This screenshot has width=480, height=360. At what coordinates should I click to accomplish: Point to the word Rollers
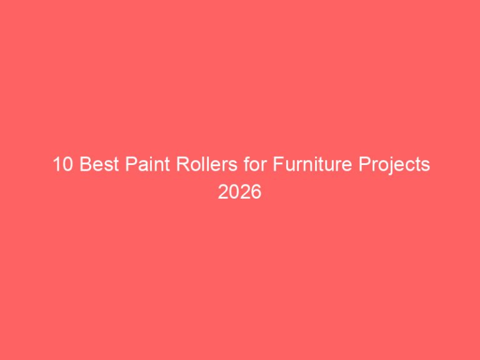[191, 166]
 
